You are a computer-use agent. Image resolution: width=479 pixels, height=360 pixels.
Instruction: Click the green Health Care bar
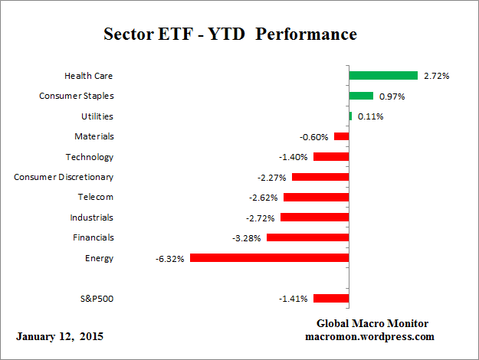(383, 76)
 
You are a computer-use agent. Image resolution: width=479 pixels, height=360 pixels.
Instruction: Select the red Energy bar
(269, 258)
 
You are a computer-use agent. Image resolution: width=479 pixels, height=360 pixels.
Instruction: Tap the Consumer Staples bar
(361, 96)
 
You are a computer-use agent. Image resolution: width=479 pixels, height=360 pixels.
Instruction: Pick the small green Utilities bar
(350, 116)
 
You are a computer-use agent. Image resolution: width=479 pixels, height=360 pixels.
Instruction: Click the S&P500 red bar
(331, 299)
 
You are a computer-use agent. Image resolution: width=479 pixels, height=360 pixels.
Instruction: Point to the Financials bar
(307, 237)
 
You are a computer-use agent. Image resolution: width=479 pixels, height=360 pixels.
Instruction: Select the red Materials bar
(342, 136)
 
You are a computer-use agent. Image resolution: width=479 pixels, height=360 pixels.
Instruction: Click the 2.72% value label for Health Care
(435, 76)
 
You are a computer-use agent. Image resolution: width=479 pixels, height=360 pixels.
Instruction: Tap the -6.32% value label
(169, 259)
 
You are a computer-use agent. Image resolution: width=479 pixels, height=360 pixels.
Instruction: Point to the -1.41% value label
(294, 299)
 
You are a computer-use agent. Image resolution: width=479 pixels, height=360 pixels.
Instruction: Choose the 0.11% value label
(369, 116)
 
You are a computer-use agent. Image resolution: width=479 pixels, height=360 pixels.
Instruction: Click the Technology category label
(90, 157)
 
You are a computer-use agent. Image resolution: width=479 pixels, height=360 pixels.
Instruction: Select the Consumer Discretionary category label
(64, 177)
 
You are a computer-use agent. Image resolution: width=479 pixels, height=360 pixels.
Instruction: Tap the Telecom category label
(96, 197)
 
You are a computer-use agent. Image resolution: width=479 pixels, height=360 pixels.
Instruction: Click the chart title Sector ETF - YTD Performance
(230, 35)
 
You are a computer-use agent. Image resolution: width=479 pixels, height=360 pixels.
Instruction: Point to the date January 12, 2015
(60, 336)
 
